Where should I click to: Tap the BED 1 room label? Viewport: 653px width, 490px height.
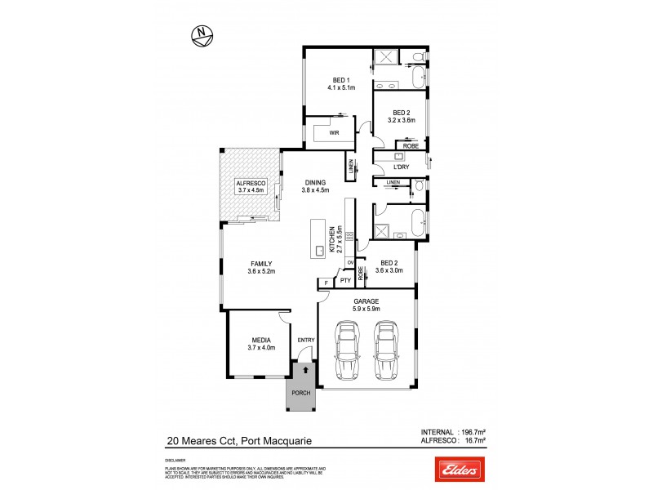(x=339, y=79)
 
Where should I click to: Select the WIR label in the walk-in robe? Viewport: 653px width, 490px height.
(x=334, y=131)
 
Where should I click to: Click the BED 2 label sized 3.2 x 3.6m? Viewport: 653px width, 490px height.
(x=401, y=112)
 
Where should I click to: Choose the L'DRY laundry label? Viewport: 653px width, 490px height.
(x=401, y=167)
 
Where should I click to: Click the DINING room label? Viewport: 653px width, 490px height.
(x=316, y=182)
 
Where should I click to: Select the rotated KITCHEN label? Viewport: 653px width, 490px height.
(x=331, y=239)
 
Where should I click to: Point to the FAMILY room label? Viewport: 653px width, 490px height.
(x=260, y=263)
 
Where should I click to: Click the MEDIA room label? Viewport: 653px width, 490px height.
(x=260, y=340)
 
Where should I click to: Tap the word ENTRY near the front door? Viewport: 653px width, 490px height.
(x=306, y=340)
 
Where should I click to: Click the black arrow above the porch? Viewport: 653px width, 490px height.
(x=306, y=370)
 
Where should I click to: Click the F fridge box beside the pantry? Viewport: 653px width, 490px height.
(x=326, y=283)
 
